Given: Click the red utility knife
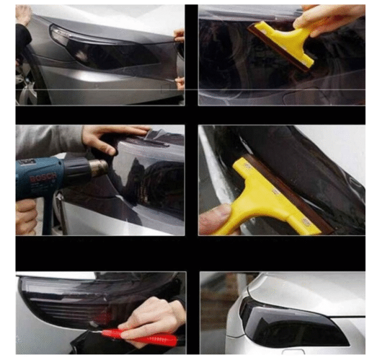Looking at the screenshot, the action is [139, 336].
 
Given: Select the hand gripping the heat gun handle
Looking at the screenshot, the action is [25, 216].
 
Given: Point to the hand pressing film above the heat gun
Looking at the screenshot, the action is [112, 138].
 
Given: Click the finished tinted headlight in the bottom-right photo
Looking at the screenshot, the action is [292, 325].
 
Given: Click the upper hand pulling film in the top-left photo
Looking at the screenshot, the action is [179, 35].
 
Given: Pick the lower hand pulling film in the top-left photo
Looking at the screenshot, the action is [180, 83].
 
